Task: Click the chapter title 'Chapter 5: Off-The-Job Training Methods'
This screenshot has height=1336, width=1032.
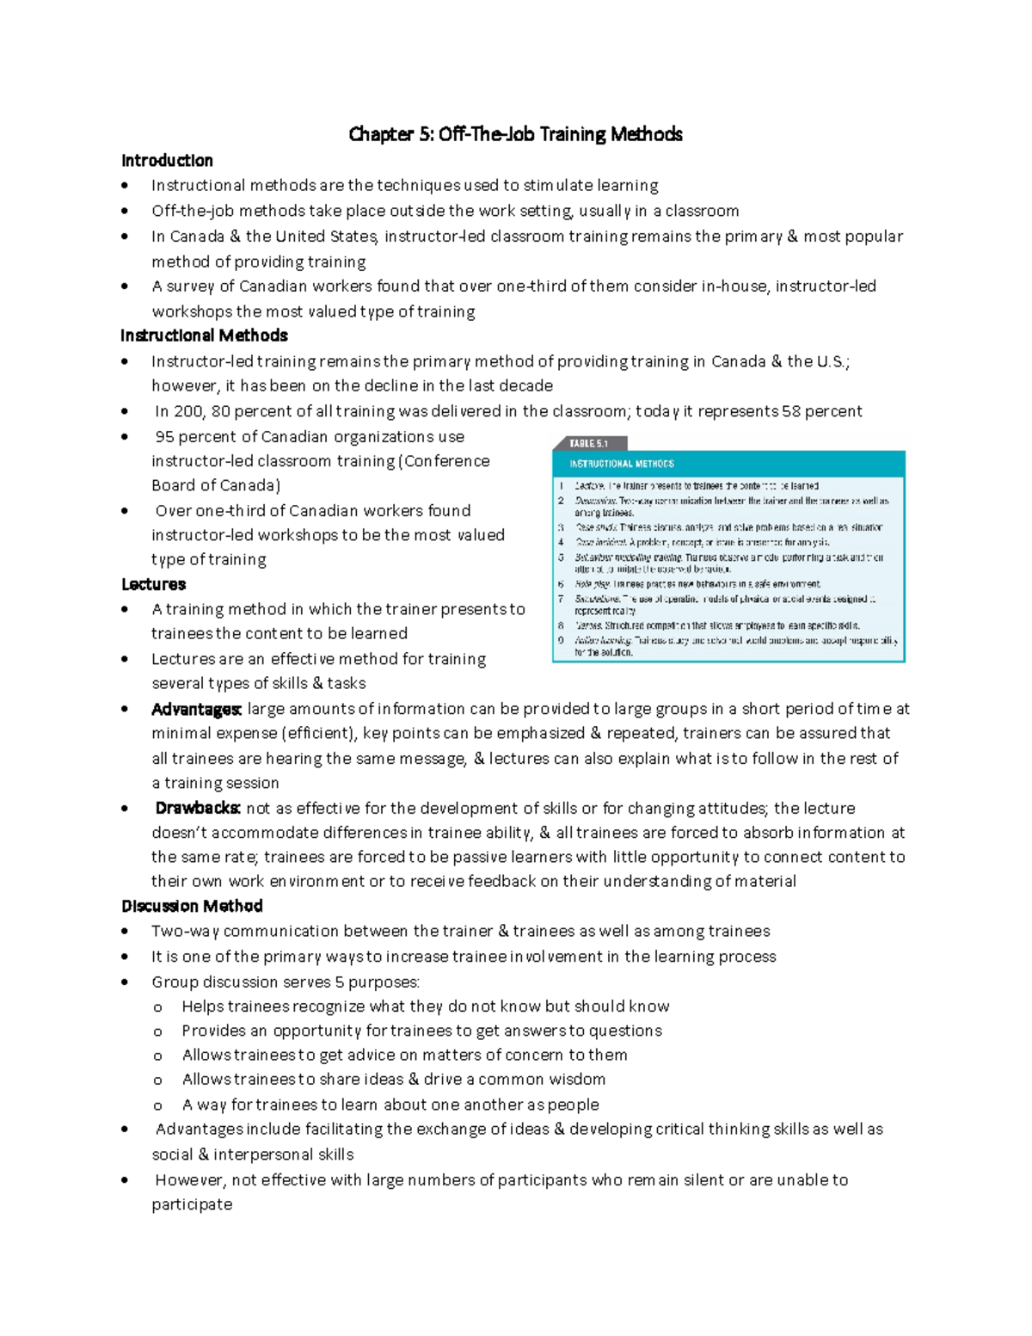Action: point(515,134)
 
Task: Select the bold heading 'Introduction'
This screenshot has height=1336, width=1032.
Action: point(167,161)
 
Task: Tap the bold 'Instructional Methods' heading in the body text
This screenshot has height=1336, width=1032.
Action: point(204,336)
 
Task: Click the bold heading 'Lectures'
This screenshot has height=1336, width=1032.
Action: point(153,584)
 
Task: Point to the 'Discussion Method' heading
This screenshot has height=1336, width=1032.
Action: point(192,906)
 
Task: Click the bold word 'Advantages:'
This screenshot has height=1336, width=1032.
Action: point(196,709)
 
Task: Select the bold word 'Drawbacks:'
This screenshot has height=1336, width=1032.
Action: point(198,808)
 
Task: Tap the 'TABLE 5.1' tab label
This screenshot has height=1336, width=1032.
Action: point(589,444)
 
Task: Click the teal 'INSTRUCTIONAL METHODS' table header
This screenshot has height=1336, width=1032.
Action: point(622,464)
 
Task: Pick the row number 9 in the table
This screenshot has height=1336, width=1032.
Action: point(561,640)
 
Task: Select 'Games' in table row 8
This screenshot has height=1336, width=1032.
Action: point(588,626)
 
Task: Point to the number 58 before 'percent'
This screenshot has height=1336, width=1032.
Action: point(791,411)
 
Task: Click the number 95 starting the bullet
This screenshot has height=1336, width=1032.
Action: point(164,436)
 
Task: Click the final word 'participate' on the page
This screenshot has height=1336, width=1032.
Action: point(192,1204)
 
